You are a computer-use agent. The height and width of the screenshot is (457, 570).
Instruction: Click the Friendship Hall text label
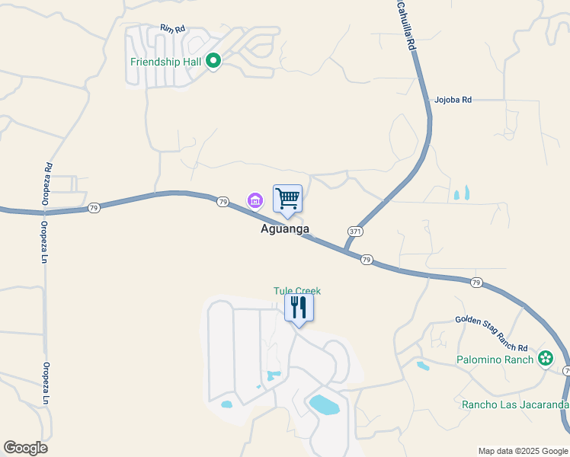pyautogui.click(x=165, y=61)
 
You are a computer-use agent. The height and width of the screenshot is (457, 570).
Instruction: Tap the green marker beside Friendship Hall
pyautogui.click(x=214, y=60)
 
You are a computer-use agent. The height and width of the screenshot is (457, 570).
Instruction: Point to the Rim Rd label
pyautogui.click(x=172, y=29)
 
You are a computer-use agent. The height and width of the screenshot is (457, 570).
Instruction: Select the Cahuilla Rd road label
pyautogui.click(x=405, y=26)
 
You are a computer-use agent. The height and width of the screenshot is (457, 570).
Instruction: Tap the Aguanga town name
pyautogui.click(x=285, y=228)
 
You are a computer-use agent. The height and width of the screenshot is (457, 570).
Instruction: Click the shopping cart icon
pyautogui.click(x=287, y=199)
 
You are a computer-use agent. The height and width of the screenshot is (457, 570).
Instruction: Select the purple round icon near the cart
pyautogui.click(x=255, y=201)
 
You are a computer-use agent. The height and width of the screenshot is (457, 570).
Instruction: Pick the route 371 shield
pyautogui.click(x=355, y=232)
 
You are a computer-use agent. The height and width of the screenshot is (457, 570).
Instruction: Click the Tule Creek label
pyautogui.click(x=297, y=291)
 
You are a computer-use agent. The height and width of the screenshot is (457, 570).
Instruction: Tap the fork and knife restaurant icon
pyautogui.click(x=299, y=308)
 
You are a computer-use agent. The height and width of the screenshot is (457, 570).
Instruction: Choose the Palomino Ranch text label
pyautogui.click(x=495, y=359)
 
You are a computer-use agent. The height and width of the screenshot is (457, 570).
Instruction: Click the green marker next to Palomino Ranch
pyautogui.click(x=546, y=358)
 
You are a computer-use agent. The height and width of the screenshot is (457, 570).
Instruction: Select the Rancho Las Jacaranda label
pyautogui.click(x=515, y=404)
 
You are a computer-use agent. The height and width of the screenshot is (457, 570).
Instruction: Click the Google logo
pyautogui.click(x=25, y=448)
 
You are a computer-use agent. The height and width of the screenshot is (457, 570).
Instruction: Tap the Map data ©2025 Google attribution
pyautogui.click(x=523, y=451)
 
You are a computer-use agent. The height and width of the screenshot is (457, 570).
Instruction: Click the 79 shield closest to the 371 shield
pyautogui.click(x=367, y=260)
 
